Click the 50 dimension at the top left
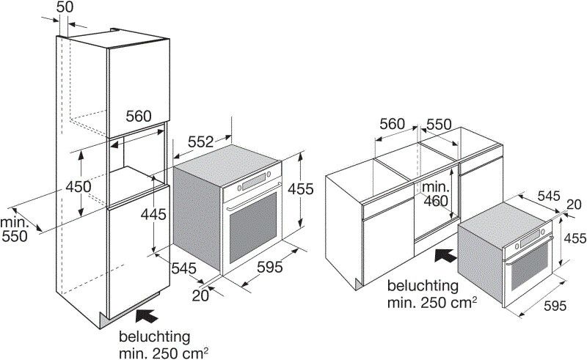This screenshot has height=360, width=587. (x=65, y=7)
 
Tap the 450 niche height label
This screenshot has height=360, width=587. (x=79, y=187)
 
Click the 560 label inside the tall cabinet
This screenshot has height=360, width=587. (x=138, y=116)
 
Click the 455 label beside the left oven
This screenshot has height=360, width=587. (x=301, y=189)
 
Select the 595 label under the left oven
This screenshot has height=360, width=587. (x=269, y=268)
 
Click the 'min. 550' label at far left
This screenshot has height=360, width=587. (x=14, y=229)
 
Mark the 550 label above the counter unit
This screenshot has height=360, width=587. (x=439, y=125)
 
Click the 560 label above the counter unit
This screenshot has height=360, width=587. (x=393, y=125)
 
